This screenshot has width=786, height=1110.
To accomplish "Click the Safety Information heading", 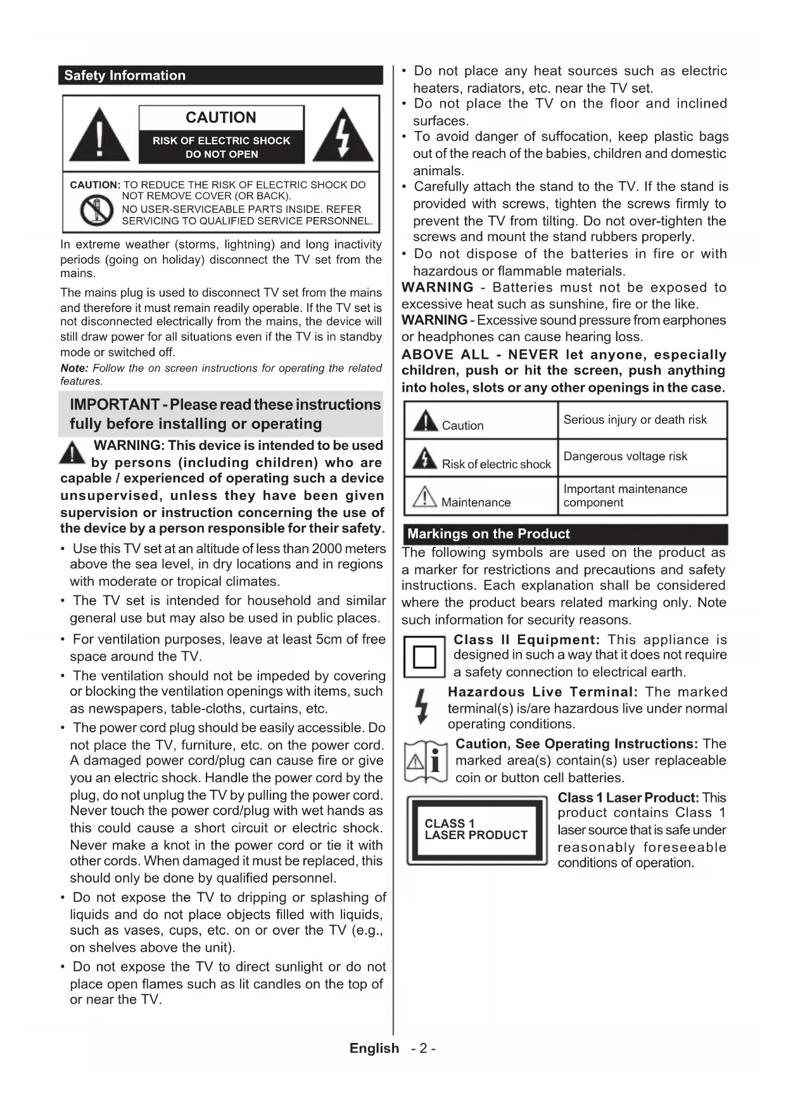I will [125, 75].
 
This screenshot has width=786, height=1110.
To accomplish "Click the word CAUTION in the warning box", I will [221, 118].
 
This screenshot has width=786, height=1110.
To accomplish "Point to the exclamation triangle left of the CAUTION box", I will [99, 135].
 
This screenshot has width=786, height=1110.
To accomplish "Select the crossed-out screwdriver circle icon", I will [96, 211].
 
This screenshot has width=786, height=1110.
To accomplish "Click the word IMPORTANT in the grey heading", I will [114, 404].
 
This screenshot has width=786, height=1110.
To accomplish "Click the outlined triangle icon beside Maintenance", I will [424, 496].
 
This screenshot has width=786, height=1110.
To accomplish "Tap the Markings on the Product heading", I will [488, 533].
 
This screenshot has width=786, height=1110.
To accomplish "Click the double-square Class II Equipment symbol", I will [424, 657].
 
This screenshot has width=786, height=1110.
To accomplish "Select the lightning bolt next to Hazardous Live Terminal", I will [422, 707].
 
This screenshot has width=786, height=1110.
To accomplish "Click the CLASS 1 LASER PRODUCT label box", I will [476, 829].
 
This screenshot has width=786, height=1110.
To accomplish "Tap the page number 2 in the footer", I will [423, 1048].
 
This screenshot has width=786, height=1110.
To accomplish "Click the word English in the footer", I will [374, 1048].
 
